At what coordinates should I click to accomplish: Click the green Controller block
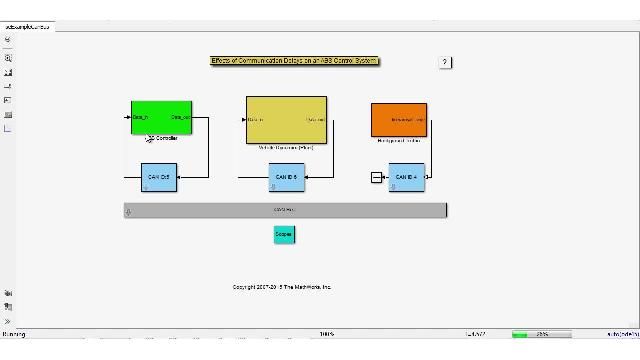click(161, 117)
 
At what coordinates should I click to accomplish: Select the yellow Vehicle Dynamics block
click(286, 120)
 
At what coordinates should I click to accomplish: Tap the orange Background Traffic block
click(399, 119)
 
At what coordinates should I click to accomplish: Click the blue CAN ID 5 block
click(286, 177)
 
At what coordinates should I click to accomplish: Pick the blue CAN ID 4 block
click(406, 177)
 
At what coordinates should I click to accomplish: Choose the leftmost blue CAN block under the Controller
click(158, 177)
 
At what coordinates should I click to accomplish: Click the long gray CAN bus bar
click(286, 210)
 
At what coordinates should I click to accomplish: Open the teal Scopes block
click(284, 234)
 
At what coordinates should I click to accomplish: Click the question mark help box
click(445, 62)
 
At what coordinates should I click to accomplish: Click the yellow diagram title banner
click(295, 61)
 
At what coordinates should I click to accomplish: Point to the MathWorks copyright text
click(282, 287)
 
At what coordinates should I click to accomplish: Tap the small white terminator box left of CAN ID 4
click(376, 177)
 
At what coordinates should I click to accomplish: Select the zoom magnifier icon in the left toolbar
click(8, 58)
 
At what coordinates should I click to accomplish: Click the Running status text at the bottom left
click(14, 334)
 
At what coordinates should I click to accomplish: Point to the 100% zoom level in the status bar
click(326, 334)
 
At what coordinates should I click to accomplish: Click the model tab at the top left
click(27, 27)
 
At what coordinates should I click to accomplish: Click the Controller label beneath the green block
click(166, 138)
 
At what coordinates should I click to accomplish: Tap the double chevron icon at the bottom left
click(8, 321)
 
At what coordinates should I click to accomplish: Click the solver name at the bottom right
click(621, 334)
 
